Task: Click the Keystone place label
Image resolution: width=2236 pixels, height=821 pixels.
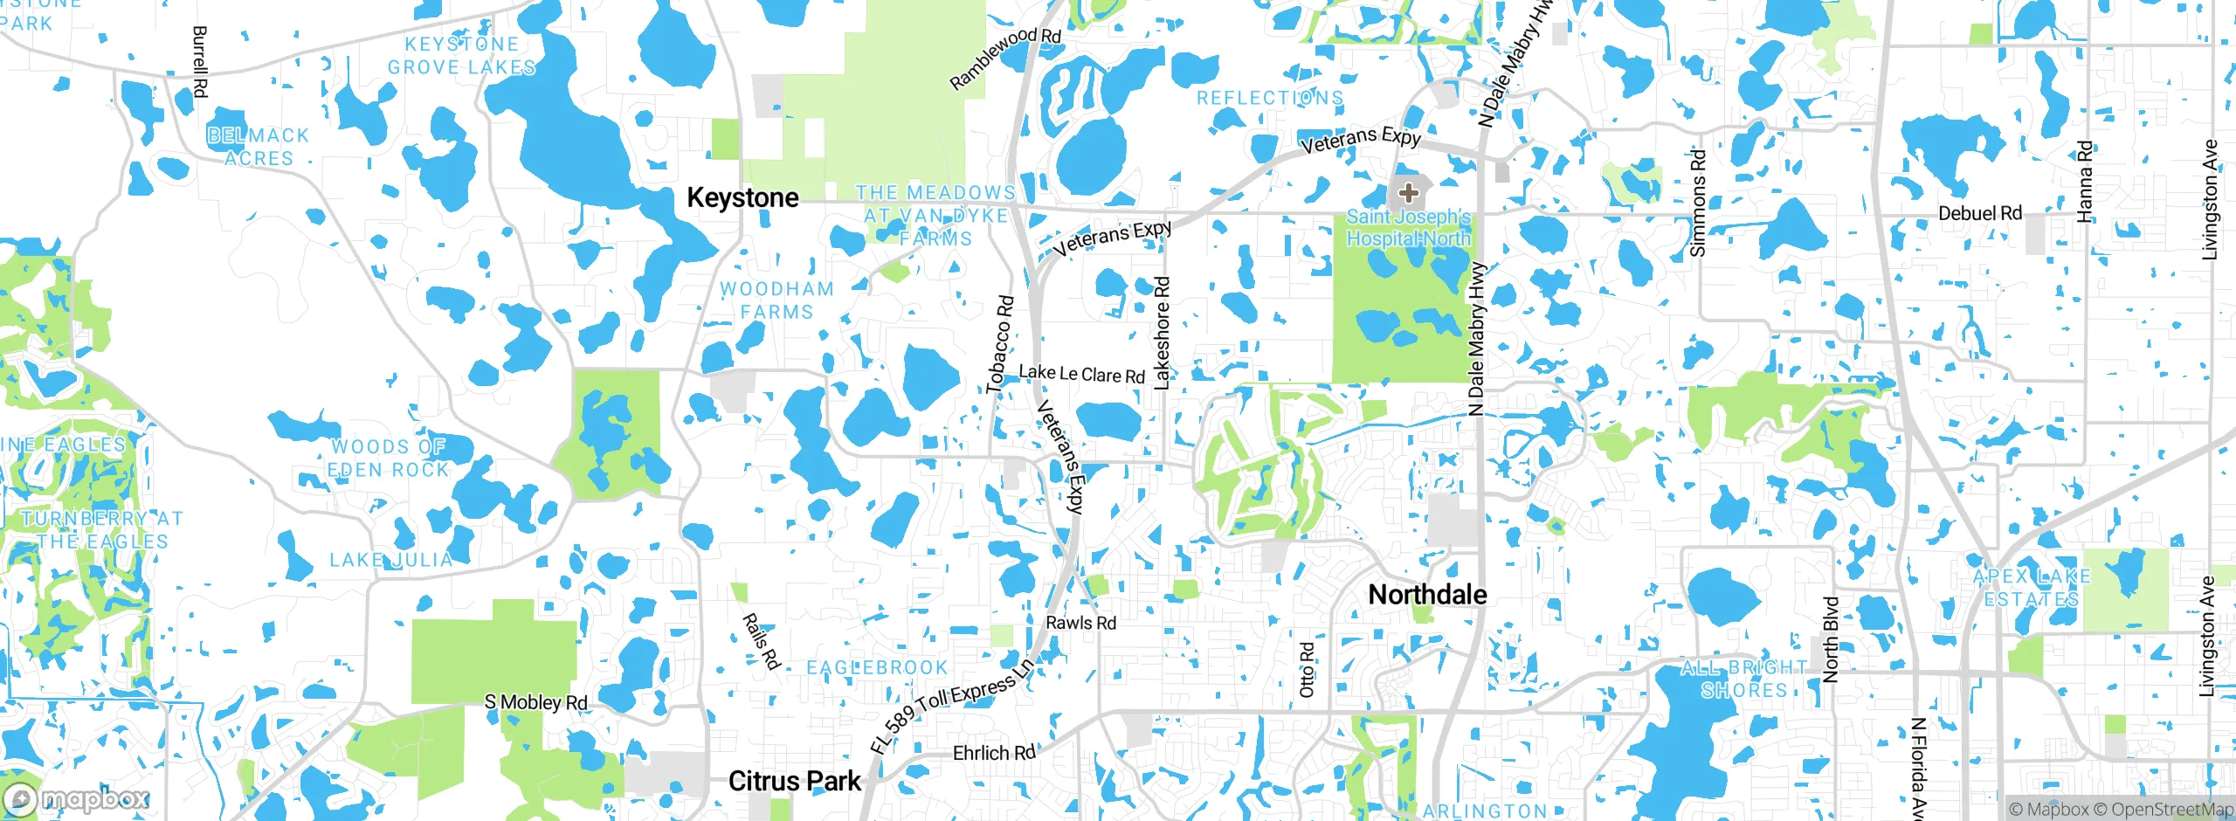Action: (742, 198)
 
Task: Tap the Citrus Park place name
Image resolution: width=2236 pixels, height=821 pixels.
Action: (794, 781)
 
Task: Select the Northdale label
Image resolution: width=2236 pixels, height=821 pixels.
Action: (1427, 595)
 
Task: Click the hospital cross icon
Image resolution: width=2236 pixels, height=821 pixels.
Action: (1408, 192)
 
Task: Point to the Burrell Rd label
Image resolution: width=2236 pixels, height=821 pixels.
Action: (199, 61)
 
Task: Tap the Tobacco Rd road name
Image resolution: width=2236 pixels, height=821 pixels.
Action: (1001, 344)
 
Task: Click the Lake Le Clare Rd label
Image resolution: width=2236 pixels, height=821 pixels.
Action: (1081, 374)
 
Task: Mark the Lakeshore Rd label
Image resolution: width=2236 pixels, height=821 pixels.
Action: (1162, 333)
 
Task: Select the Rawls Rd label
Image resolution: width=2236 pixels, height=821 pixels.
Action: (1080, 623)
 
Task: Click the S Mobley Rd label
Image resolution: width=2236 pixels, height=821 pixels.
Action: (535, 702)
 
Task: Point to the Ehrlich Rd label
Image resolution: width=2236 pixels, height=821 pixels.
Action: (993, 753)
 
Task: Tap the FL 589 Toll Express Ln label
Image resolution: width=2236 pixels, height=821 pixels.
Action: (952, 706)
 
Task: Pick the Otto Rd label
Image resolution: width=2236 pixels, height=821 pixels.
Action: (1307, 670)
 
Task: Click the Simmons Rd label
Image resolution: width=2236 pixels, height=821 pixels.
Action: (1697, 204)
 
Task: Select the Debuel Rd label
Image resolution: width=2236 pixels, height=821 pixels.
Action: (1979, 213)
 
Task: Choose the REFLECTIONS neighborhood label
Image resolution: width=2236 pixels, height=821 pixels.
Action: (1269, 98)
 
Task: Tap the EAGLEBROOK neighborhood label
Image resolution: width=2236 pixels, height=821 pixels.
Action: (877, 668)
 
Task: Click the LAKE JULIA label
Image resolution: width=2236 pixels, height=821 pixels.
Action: (391, 560)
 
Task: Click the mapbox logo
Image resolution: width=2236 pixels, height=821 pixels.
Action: (77, 799)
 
